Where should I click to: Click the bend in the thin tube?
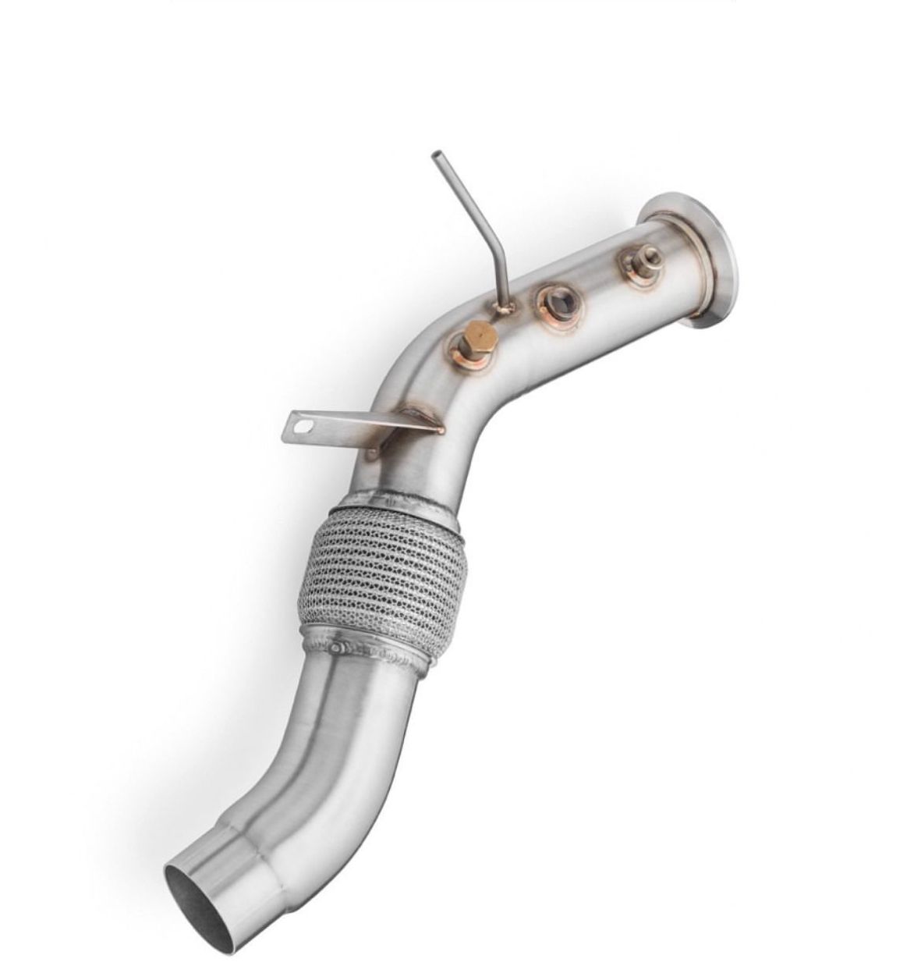click(x=494, y=253)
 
